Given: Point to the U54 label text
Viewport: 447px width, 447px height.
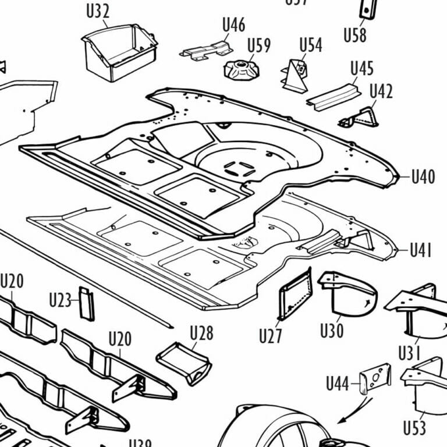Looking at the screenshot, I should click(x=310, y=45).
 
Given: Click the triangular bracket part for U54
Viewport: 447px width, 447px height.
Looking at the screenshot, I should click(x=296, y=76).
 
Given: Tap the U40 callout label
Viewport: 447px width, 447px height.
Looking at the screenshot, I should click(x=423, y=177).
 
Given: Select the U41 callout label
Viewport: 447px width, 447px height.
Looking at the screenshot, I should click(x=421, y=251).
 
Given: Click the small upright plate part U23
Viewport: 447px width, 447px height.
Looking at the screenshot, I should click(x=87, y=303).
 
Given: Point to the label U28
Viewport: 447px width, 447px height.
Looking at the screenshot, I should click(x=201, y=334).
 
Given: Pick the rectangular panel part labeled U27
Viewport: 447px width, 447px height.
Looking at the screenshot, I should click(x=296, y=295).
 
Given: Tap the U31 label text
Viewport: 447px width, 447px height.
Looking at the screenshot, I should click(x=410, y=353).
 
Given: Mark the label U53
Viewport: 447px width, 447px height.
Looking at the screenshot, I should click(x=414, y=428).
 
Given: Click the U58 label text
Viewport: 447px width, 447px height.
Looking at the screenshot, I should click(x=354, y=35).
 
